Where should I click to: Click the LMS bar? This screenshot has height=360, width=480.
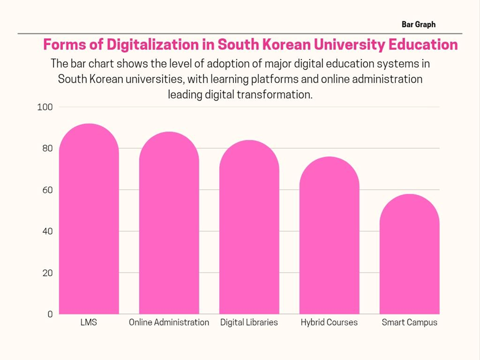click(89, 220)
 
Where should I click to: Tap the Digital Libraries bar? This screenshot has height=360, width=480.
click(249, 228)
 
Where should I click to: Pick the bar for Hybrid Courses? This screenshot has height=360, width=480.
click(329, 236)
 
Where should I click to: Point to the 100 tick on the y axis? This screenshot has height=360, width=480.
click(45, 107)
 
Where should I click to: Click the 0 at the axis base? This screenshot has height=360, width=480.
click(50, 314)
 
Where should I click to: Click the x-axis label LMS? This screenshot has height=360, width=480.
click(89, 323)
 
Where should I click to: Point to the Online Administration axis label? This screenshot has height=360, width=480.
click(169, 323)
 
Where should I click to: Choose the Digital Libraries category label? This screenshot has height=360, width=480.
click(249, 323)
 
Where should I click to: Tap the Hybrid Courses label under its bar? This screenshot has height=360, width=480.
click(329, 323)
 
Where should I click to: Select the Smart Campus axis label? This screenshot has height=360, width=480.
click(409, 323)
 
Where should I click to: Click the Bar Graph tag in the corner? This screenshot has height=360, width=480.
click(418, 25)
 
